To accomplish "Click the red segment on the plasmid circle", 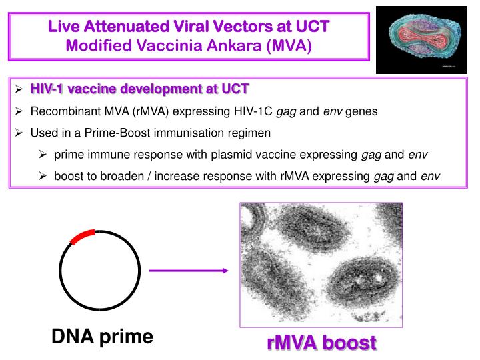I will click(x=83, y=237).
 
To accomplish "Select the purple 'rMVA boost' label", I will click(x=321, y=345).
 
